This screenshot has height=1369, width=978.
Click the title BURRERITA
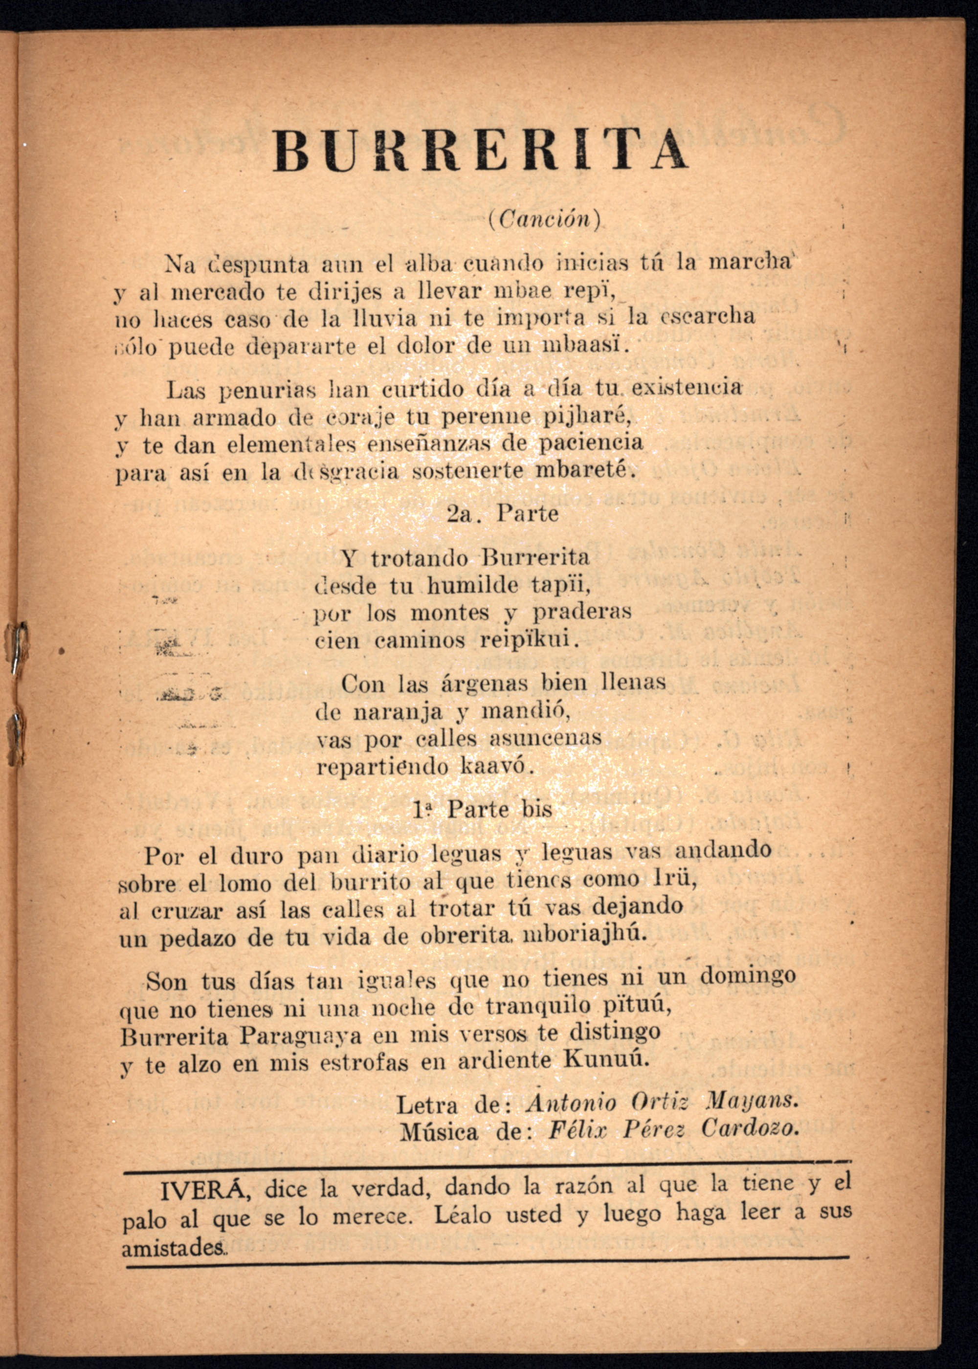(480, 151)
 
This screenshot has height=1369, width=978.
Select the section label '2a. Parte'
(503, 513)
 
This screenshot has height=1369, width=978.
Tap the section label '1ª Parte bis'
(483, 809)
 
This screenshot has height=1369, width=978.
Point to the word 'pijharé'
(587, 416)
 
